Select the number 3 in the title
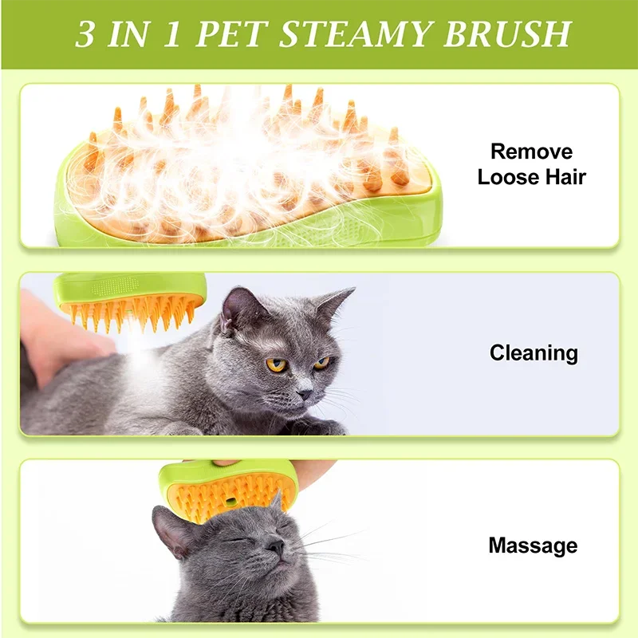point(85,34)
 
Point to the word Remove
point(531,152)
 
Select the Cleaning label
point(533,353)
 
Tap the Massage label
point(533,545)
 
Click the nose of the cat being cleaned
point(305,393)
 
